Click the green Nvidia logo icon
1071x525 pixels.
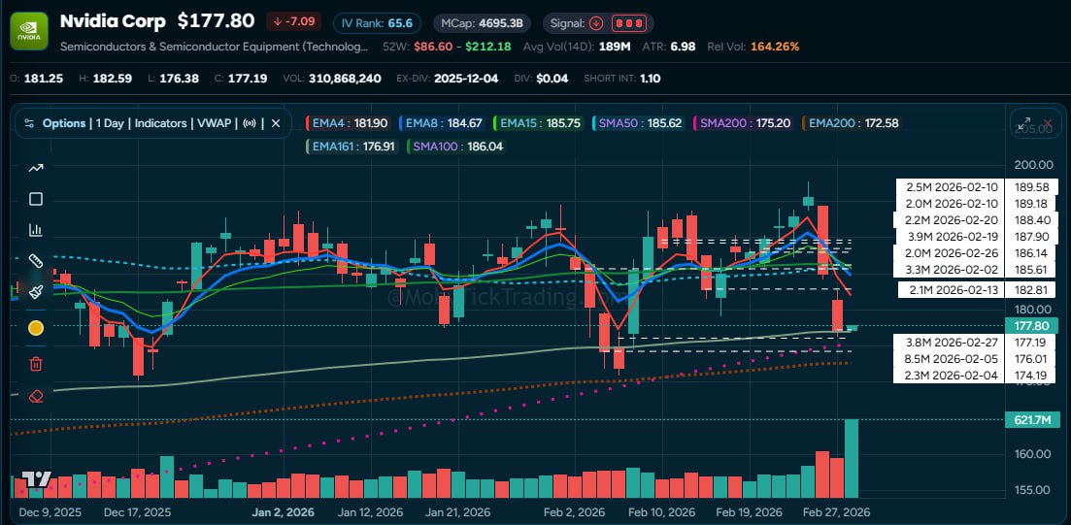point(29,30)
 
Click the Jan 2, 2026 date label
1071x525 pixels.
point(283,511)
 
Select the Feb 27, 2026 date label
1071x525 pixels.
point(835,511)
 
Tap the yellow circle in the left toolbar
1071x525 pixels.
point(36,328)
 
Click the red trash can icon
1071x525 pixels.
point(36,364)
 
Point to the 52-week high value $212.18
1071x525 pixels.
point(487,46)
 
